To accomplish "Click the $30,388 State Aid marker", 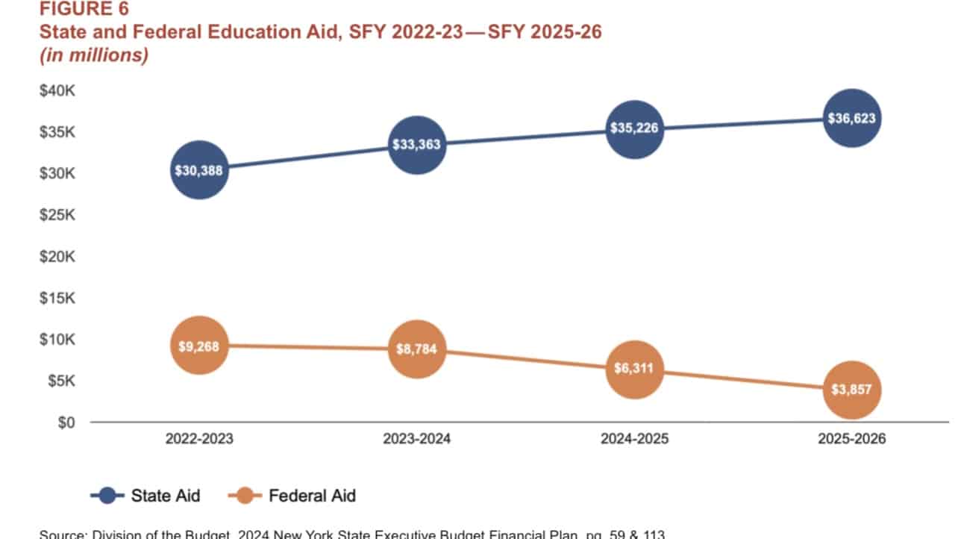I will [x=199, y=170].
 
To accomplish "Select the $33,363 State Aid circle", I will [x=417, y=145].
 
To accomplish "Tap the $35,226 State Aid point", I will [x=634, y=129].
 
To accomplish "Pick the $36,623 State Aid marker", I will [x=852, y=118].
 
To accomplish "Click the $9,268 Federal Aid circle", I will [x=199, y=346].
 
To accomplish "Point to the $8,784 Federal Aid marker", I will [x=417, y=349].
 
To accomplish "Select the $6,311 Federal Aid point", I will [x=634, y=369].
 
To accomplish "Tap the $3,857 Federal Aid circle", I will [x=852, y=390].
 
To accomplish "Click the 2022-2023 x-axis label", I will [x=199, y=439].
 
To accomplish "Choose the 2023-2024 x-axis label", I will [x=417, y=439].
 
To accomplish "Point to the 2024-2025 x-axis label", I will [x=634, y=439].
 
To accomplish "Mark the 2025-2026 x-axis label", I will [x=852, y=439].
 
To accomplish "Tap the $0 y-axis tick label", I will [x=66, y=423].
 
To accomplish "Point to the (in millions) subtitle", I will [x=93, y=56].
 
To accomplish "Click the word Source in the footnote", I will [x=63, y=535].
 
